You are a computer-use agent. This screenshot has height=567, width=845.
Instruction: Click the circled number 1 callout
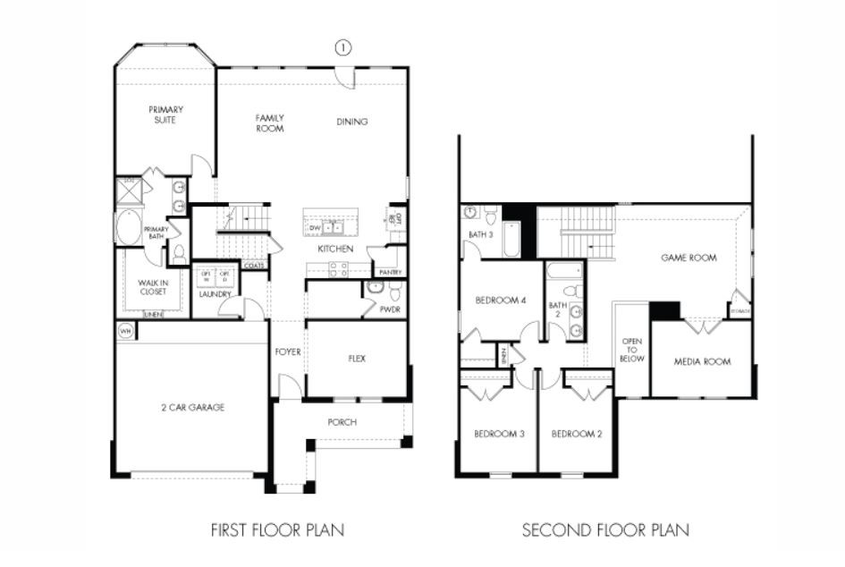click(342, 48)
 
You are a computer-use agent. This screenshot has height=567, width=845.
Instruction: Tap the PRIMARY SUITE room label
click(166, 114)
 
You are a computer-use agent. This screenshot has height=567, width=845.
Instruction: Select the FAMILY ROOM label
click(269, 123)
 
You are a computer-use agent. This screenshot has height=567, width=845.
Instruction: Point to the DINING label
click(351, 123)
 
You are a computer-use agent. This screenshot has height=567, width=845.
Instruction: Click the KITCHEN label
click(335, 249)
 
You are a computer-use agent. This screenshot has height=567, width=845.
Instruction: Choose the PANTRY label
click(390, 272)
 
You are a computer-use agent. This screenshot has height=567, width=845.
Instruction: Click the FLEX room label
click(357, 359)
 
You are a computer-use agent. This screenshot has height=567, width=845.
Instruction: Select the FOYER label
click(288, 352)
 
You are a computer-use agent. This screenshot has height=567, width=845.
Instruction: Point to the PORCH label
click(342, 422)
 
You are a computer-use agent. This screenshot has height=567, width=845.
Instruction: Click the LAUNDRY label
click(215, 293)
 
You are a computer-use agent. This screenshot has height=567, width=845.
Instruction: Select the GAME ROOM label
click(689, 258)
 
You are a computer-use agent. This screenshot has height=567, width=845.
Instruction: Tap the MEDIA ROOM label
click(702, 362)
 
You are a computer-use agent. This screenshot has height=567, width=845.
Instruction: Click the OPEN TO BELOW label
click(631, 351)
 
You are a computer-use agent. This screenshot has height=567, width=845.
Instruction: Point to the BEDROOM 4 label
click(500, 300)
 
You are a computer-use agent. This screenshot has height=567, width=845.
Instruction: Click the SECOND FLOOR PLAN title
click(605, 530)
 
